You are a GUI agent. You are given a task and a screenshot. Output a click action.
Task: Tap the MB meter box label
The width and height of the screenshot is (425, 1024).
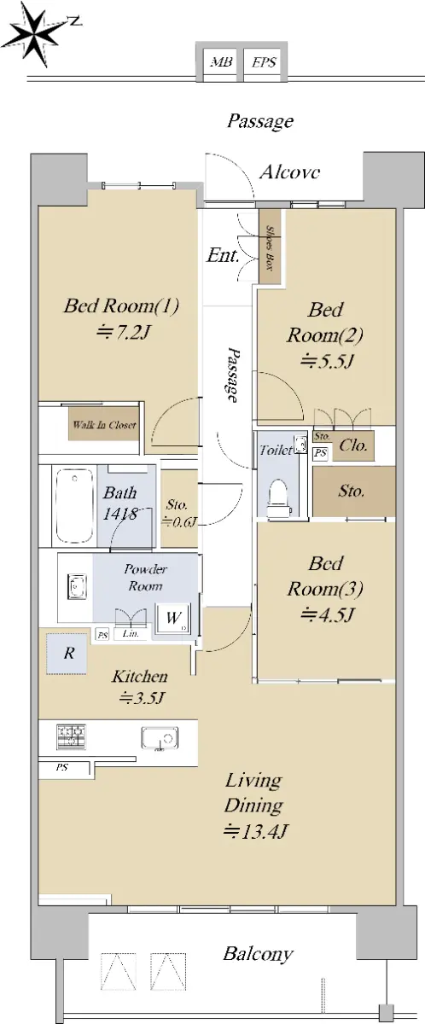(x=221, y=62)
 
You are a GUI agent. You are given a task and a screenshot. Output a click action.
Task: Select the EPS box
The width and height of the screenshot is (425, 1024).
(x=265, y=62)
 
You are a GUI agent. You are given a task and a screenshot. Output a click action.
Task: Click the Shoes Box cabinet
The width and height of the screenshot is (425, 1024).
(x=270, y=247)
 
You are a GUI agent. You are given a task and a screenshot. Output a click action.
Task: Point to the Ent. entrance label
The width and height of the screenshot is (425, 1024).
(x=223, y=255)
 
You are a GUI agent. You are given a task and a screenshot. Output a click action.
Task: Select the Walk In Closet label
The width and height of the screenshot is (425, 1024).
(x=104, y=425)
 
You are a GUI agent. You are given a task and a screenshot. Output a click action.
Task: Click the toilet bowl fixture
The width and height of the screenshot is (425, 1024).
(x=279, y=498)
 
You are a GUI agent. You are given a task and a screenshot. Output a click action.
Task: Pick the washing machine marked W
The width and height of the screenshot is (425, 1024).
(x=173, y=619)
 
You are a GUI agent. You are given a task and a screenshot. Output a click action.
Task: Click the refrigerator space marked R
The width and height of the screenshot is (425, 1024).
(x=67, y=654)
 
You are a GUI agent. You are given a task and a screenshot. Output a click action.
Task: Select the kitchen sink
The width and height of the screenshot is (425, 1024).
(x=160, y=738)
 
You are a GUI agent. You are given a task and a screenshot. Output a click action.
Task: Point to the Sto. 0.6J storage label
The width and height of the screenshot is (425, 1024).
(x=178, y=513)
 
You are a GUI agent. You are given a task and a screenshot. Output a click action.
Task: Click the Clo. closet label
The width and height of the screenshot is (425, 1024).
(x=352, y=445)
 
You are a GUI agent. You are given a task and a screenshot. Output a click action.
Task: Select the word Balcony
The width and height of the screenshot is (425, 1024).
(x=258, y=955)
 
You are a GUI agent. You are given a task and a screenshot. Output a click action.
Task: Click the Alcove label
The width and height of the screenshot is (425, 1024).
(x=289, y=172)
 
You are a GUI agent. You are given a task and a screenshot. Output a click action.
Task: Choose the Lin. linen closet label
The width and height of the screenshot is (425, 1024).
(x=131, y=634)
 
